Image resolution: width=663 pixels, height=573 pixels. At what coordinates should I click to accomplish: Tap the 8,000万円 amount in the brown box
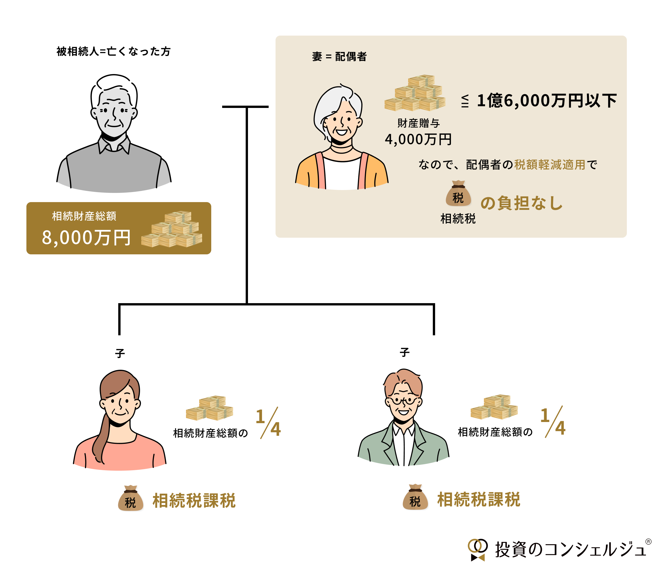click(x=86, y=237)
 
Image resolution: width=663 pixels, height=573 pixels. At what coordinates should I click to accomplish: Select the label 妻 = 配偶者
click(x=339, y=57)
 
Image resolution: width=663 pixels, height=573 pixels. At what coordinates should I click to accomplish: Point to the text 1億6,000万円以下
click(x=546, y=101)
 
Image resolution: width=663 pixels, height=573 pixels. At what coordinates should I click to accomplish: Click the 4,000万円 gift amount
click(x=418, y=139)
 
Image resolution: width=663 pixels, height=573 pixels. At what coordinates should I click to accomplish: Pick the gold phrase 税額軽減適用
click(x=550, y=164)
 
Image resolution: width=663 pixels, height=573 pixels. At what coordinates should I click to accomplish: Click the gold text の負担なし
click(x=522, y=203)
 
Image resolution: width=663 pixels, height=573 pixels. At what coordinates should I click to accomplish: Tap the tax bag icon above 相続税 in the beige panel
click(x=458, y=194)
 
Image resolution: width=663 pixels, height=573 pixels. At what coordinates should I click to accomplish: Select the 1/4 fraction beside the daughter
click(x=268, y=423)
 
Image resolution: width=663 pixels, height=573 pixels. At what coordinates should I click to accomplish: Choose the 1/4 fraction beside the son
click(x=553, y=422)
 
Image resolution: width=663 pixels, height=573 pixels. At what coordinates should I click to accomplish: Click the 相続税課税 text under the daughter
click(x=194, y=501)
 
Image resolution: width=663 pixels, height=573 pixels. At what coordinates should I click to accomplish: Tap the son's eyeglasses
click(x=404, y=400)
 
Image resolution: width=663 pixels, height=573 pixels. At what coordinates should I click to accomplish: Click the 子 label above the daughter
click(x=120, y=353)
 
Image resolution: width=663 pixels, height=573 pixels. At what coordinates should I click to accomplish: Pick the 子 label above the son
click(x=405, y=353)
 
